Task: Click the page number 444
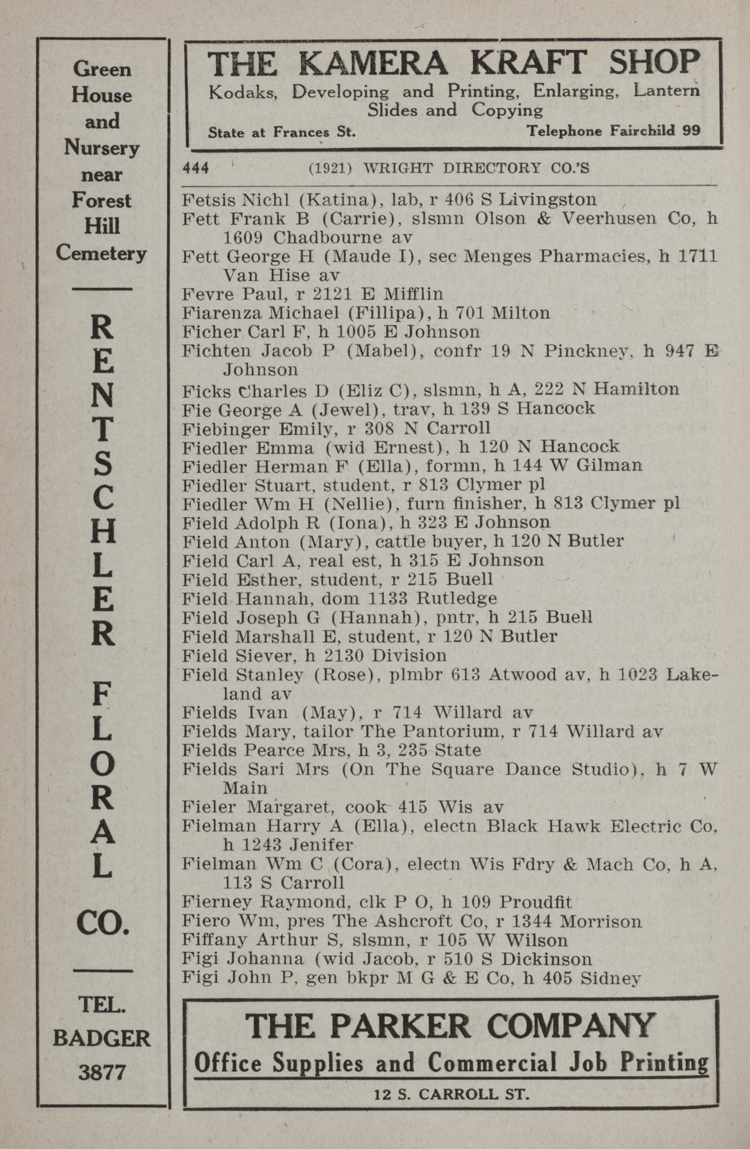tap(195, 168)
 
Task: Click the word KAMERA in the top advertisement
tap(372, 64)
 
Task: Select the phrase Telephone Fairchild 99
tap(613, 131)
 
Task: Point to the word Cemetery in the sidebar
tap(102, 253)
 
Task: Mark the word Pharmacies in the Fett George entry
tap(593, 256)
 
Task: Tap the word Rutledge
tap(456, 599)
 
